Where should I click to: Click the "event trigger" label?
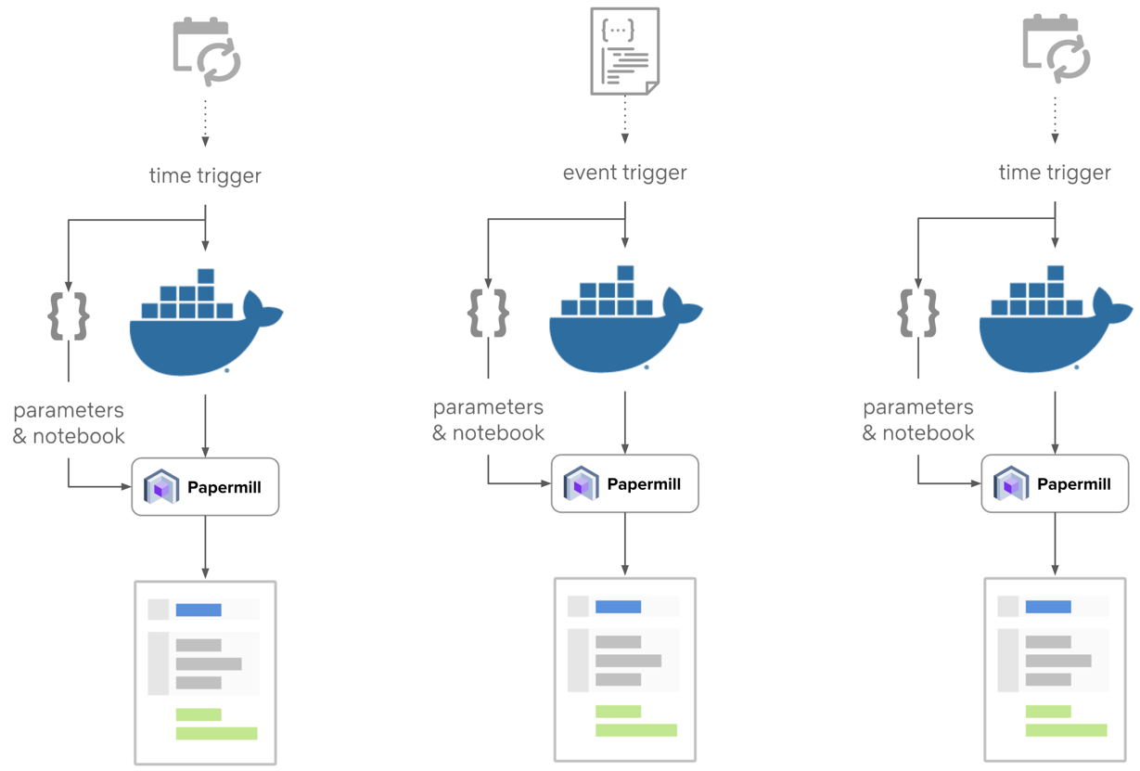click(x=624, y=173)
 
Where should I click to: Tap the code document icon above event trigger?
click(x=624, y=51)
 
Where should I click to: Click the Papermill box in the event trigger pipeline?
click(x=624, y=483)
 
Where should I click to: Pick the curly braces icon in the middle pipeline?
click(x=489, y=313)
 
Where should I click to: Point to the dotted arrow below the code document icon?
click(x=624, y=118)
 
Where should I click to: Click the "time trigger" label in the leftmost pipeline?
click(x=205, y=175)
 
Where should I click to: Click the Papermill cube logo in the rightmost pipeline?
click(x=1011, y=484)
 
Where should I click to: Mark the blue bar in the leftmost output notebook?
click(x=199, y=610)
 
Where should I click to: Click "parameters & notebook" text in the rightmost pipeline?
click(x=918, y=420)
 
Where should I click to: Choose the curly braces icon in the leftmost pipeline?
click(x=69, y=315)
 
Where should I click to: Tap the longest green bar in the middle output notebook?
click(x=636, y=730)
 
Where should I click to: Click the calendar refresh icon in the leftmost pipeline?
click(x=206, y=52)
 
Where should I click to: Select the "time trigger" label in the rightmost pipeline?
click(x=1055, y=173)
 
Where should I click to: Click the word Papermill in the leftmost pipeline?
click(x=224, y=487)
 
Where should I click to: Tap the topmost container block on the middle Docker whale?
click(x=625, y=273)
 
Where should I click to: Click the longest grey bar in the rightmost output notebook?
click(x=1058, y=661)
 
